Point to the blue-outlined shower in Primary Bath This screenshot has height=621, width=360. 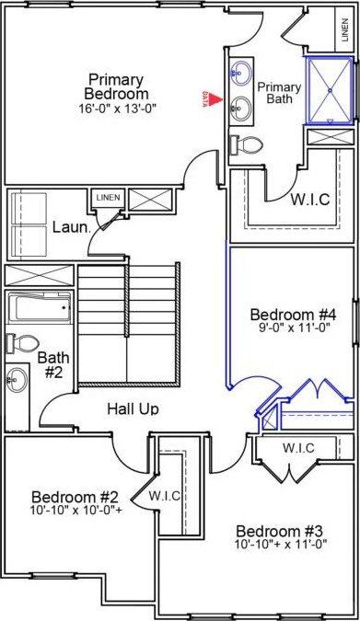click(x=329, y=89)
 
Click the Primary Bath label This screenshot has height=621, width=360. click(x=279, y=93)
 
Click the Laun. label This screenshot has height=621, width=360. click(x=70, y=227)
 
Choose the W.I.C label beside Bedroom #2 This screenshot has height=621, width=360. click(x=166, y=496)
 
